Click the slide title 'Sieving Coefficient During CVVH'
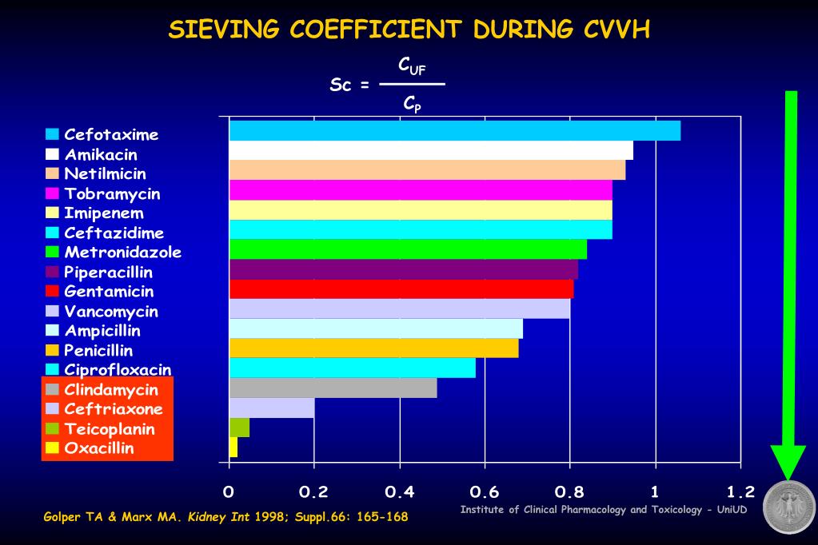tap(409, 30)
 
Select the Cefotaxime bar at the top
tap(454, 130)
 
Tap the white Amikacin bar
tap(430, 150)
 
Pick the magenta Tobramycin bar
tap(421, 190)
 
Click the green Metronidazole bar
tap(408, 249)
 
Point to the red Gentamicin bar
tap(401, 288)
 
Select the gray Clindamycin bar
tap(333, 388)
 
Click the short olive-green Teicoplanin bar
tap(239, 428)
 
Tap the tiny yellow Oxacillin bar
tap(233, 447)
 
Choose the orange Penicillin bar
tap(373, 348)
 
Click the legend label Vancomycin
tap(111, 312)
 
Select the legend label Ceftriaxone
tap(114, 409)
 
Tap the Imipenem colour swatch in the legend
tap(53, 213)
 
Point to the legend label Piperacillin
tap(108, 272)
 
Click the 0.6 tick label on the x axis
tap(485, 491)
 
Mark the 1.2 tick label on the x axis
tap(740, 491)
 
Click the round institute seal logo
tap(788, 507)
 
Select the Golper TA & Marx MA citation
tap(225, 517)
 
